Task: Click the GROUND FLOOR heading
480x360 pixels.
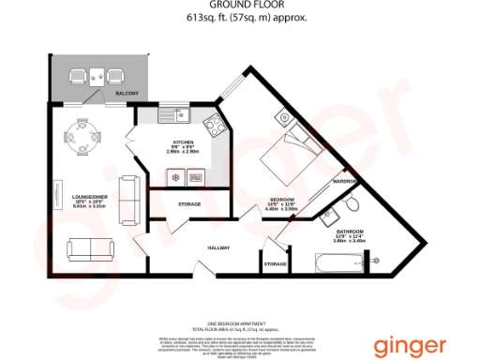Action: click(x=239, y=6)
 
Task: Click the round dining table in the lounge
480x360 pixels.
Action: click(x=84, y=138)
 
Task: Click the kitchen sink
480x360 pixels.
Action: click(x=175, y=117)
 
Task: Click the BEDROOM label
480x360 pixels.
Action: click(x=282, y=200)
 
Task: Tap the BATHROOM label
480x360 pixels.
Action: click(x=351, y=230)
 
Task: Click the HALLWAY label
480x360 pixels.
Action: click(x=219, y=247)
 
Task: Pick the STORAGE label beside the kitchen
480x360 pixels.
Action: click(x=188, y=203)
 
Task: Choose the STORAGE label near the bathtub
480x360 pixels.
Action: click(x=276, y=264)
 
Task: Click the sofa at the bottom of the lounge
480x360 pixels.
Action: click(x=91, y=248)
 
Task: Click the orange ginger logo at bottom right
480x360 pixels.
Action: click(x=411, y=346)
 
